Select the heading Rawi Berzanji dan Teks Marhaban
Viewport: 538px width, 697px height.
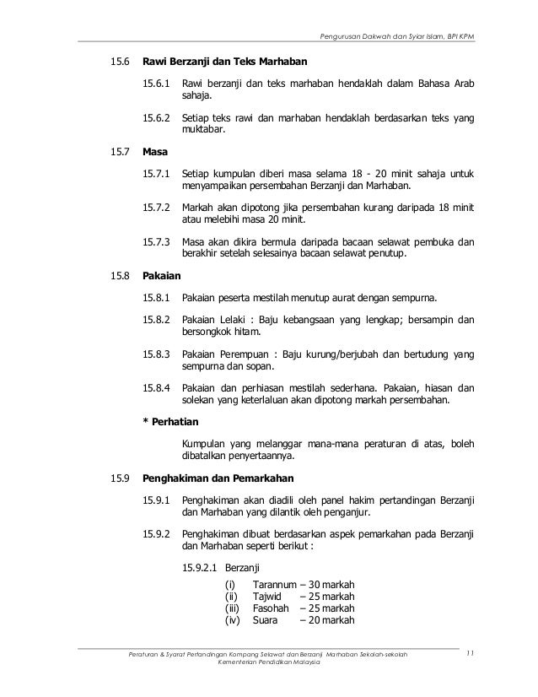pos(225,62)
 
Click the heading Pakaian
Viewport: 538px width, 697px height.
pos(162,275)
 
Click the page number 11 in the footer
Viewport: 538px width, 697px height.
pos(471,653)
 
